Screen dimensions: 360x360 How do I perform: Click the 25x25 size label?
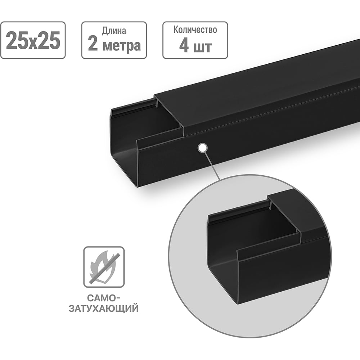pyautogui.click(x=33, y=41)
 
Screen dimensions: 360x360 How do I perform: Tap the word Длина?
pyautogui.click(x=114, y=31)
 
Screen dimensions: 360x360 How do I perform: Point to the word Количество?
pyautogui.click(x=195, y=30)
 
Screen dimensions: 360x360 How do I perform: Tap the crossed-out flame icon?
pyautogui.click(x=104, y=267)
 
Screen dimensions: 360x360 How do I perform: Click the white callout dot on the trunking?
pyautogui.click(x=203, y=147)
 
